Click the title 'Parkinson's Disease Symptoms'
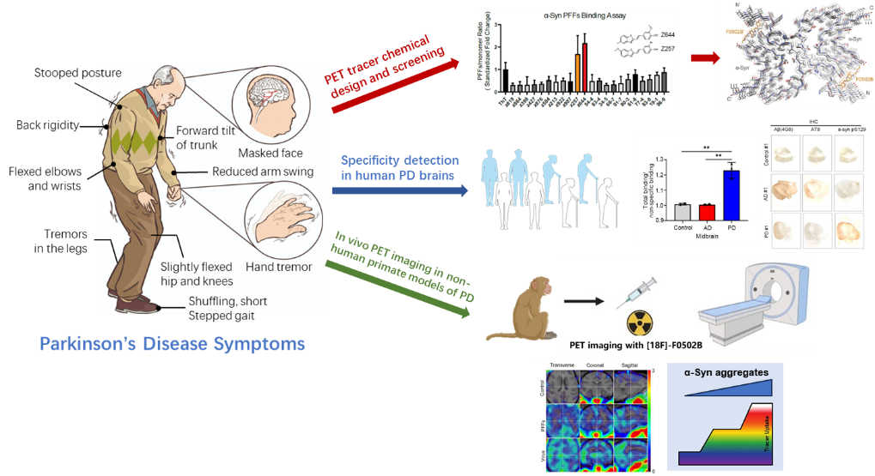tap(172, 345)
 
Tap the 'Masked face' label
tap(270, 153)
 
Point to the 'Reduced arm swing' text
tap(262, 172)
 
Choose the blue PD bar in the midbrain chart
tap(732, 195)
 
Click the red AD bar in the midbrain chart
tap(707, 212)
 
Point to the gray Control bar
tap(682, 211)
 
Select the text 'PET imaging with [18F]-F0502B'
tap(636, 346)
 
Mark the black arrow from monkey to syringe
tap(583, 302)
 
